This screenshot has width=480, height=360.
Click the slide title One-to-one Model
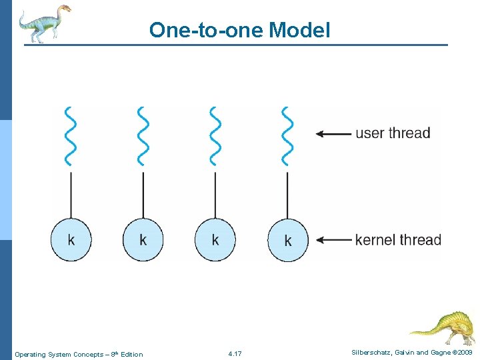239,30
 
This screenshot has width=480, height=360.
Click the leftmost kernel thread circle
71,239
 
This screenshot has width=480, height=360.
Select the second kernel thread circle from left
143,239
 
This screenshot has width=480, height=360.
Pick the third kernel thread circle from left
215,239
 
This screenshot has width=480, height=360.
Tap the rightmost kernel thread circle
288,240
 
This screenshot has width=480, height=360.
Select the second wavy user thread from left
143,135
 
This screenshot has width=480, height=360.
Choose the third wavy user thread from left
215,135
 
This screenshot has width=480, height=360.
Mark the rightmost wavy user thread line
287,135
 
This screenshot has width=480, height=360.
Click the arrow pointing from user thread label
333,133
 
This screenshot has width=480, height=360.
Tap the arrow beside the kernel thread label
333,240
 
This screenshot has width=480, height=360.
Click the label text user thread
393,133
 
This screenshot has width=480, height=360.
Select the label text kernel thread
398,239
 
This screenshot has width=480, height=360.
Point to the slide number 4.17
235,353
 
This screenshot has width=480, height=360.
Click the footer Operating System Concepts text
79,354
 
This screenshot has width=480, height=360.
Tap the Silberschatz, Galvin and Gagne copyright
411,351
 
